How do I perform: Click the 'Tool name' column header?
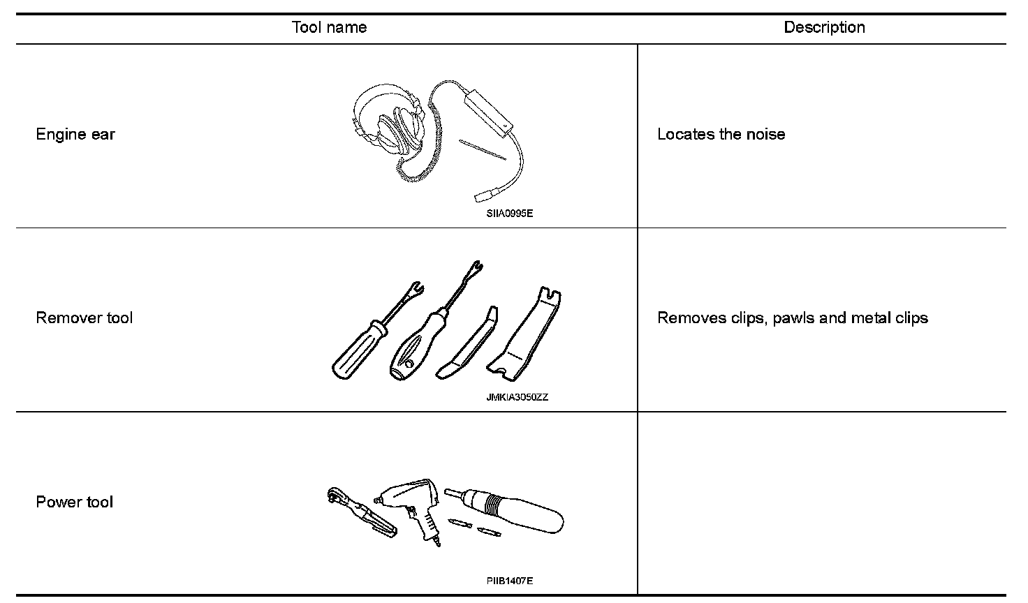(329, 28)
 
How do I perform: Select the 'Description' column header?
(824, 28)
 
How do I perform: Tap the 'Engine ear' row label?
(75, 134)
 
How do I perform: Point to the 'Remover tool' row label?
(84, 318)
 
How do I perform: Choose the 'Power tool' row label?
(74, 502)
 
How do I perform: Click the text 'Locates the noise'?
(721, 134)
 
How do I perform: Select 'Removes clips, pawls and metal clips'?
(793, 318)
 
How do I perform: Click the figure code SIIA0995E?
(510, 214)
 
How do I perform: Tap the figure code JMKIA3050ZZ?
(517, 398)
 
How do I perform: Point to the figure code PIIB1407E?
(510, 581)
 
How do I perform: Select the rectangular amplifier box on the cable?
(488, 112)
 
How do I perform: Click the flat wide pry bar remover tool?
(528, 335)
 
